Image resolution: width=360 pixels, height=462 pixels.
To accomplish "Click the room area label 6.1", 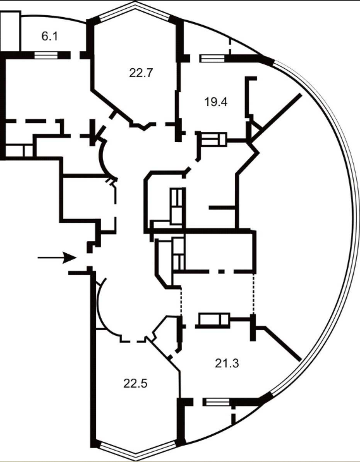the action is pyautogui.click(x=49, y=37).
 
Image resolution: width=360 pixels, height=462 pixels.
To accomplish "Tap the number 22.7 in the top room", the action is pyautogui.click(x=141, y=73).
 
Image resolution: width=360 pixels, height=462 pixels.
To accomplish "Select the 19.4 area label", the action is pyautogui.click(x=216, y=102).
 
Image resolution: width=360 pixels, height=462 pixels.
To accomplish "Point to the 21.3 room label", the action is pyautogui.click(x=227, y=364).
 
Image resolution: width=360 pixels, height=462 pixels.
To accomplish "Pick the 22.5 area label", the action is pyautogui.click(x=135, y=384).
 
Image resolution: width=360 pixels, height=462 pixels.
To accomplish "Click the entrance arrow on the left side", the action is pyautogui.click(x=57, y=258).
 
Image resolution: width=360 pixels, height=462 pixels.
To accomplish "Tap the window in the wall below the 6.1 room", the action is pyautogui.click(x=46, y=55).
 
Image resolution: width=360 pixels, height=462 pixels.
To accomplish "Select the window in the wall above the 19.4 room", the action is pyautogui.click(x=212, y=58).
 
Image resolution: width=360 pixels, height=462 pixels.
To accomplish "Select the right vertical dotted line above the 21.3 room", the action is pyautogui.click(x=253, y=293).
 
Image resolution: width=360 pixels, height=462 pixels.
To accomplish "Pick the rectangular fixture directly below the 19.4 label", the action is pyautogui.click(x=213, y=139).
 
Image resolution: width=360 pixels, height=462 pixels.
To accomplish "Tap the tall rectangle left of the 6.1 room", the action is pyautogui.click(x=10, y=32).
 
